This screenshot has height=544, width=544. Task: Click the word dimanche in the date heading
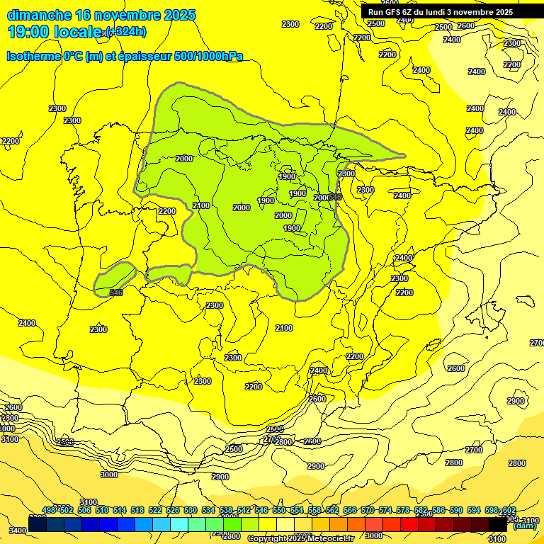coord(39,15)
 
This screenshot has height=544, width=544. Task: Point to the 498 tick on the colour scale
coord(49,511)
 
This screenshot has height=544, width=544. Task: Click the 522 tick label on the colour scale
coord(154,511)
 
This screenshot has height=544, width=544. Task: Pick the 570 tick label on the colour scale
coord(367,511)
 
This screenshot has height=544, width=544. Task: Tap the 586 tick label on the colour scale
coord(438,511)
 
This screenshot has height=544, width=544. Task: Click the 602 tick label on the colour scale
coord(508,511)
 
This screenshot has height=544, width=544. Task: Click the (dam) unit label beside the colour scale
coord(524,526)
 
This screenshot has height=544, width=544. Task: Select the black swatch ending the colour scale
coord(498,524)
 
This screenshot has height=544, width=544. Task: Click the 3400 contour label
coord(18,530)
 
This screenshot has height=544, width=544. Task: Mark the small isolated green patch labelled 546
coord(115,278)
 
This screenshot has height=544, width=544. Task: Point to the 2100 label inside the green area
coord(201,205)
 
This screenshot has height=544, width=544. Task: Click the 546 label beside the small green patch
coord(116,293)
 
